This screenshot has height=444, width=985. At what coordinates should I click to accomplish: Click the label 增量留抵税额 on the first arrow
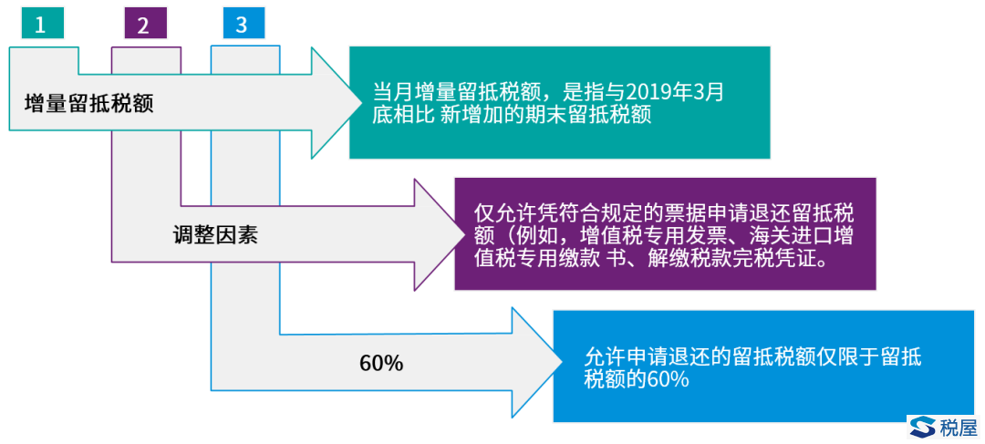[88, 104]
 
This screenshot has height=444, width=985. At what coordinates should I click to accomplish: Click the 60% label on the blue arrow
[381, 364]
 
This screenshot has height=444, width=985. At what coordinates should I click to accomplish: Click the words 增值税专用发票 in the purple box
[645, 237]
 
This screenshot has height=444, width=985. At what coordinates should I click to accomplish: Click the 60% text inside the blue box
[669, 380]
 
